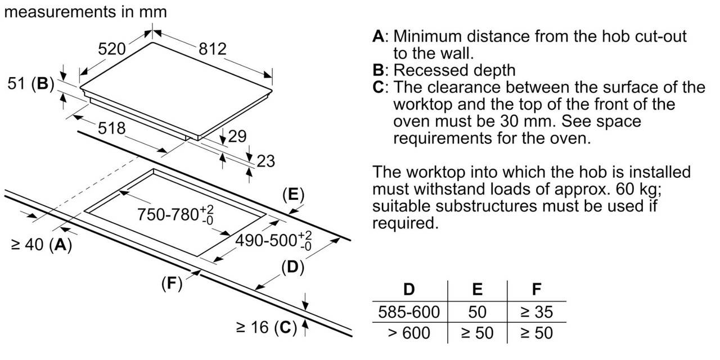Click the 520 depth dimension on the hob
pyautogui.click(x=111, y=49)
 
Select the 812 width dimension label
pyautogui.click(x=212, y=49)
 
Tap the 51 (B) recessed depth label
pyautogui.click(x=30, y=84)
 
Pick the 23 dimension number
pyautogui.click(x=265, y=161)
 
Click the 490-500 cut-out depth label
pyautogui.click(x=273, y=241)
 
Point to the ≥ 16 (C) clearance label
pyautogui.click(x=265, y=327)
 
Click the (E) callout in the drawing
pyautogui.click(x=292, y=195)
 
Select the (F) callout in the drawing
pyautogui.click(x=172, y=284)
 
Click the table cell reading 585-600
pyautogui.click(x=409, y=311)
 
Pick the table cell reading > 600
pyautogui.click(x=409, y=332)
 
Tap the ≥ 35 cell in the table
pyautogui.click(x=536, y=311)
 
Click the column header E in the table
pyautogui.click(x=477, y=290)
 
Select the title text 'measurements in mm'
pyautogui.click(x=85, y=11)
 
